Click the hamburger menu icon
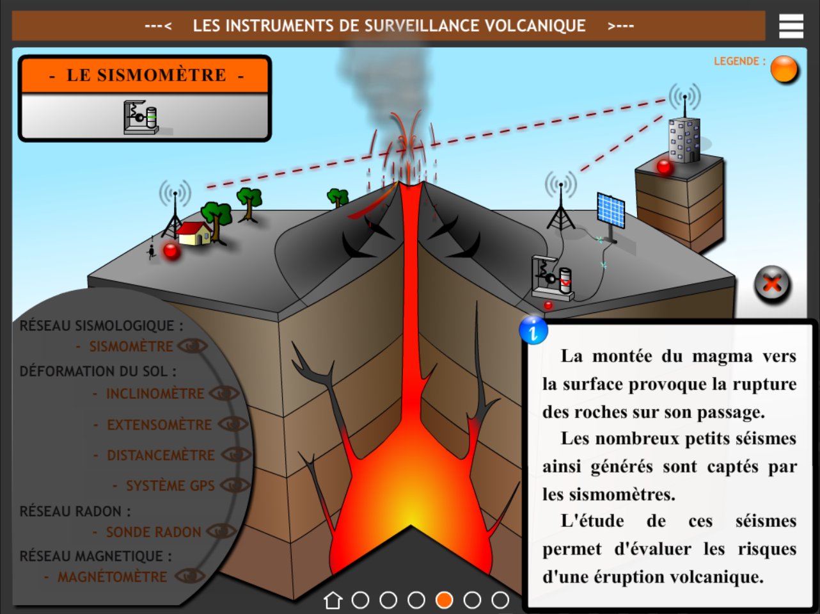pos(791,26)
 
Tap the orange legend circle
pos(784,69)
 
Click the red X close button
pos(772,284)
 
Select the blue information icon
pos(533,330)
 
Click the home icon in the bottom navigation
pos(333,600)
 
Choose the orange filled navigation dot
pos(444,600)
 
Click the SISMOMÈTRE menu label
pos(131,346)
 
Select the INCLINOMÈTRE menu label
pos(155,394)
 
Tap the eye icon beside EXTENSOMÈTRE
pos(233,424)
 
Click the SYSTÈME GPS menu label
pos(170,486)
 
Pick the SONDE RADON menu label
pos(154,532)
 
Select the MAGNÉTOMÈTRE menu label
pos(112,577)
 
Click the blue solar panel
pos(611,210)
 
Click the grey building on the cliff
pos(684,139)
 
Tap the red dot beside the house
pos(171,250)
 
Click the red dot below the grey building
pos(665,166)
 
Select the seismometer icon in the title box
pos(141,117)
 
